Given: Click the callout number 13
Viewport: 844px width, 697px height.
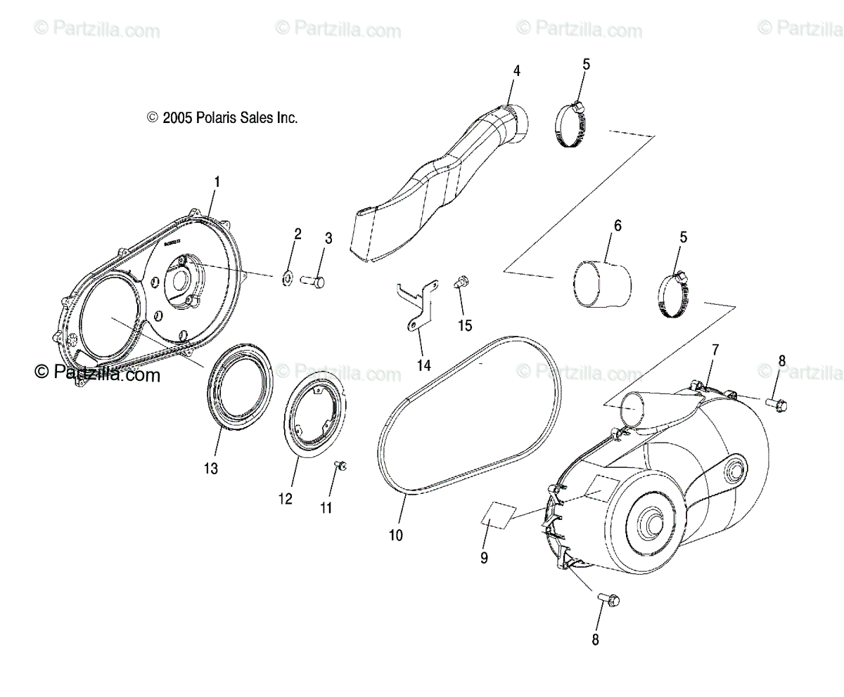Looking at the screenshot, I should tap(211, 468).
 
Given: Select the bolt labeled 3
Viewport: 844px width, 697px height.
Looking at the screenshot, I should tap(312, 281).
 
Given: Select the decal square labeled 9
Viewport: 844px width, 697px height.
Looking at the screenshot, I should tap(499, 516).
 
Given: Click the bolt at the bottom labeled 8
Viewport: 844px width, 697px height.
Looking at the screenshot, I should tap(606, 599).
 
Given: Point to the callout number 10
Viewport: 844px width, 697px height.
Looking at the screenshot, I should tap(396, 535).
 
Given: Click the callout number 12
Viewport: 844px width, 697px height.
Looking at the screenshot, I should tap(285, 499).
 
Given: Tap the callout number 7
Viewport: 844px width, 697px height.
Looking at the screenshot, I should tap(715, 349).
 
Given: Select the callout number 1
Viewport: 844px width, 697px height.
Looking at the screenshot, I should tap(217, 182).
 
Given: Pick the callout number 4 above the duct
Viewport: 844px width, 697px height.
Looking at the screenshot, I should tap(516, 71).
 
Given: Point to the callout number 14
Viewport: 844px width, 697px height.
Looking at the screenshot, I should tap(423, 365).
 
